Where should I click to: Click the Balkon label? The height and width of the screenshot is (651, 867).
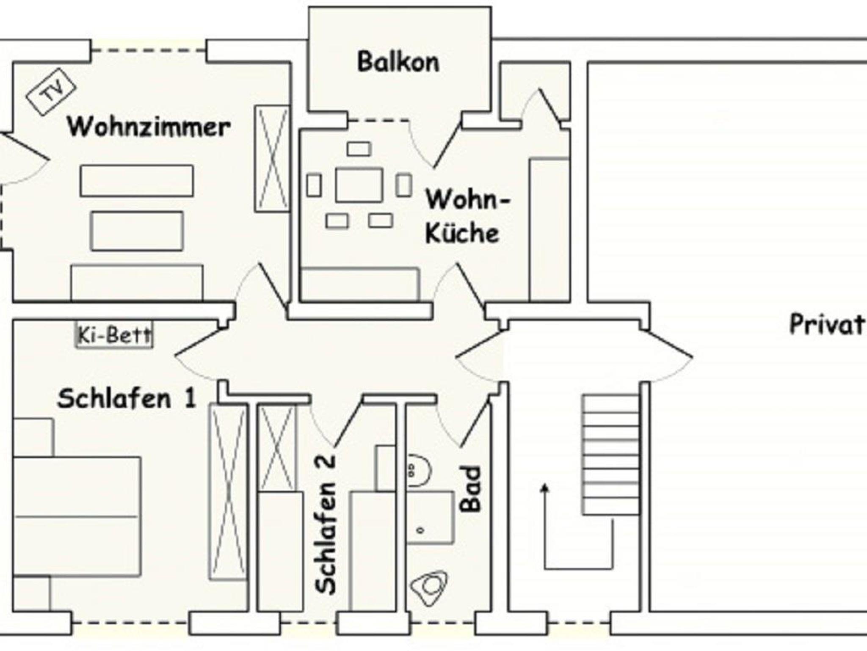398,62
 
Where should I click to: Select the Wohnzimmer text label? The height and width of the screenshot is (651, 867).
149,127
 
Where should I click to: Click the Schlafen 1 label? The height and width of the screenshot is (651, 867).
127,399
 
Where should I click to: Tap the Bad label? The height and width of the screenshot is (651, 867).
471,489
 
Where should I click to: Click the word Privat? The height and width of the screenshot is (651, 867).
826,325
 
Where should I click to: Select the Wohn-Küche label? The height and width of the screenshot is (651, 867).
466,216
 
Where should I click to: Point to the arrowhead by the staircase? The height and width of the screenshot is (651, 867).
545,488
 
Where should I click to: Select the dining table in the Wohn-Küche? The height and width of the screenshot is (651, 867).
359,185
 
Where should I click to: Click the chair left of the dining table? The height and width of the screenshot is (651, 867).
314,185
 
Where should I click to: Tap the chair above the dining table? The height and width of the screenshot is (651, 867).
359,149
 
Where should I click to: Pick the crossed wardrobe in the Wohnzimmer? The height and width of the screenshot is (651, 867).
272,159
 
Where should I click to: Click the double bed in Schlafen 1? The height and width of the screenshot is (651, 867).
77,516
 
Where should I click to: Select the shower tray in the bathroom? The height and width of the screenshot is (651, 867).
430,517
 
